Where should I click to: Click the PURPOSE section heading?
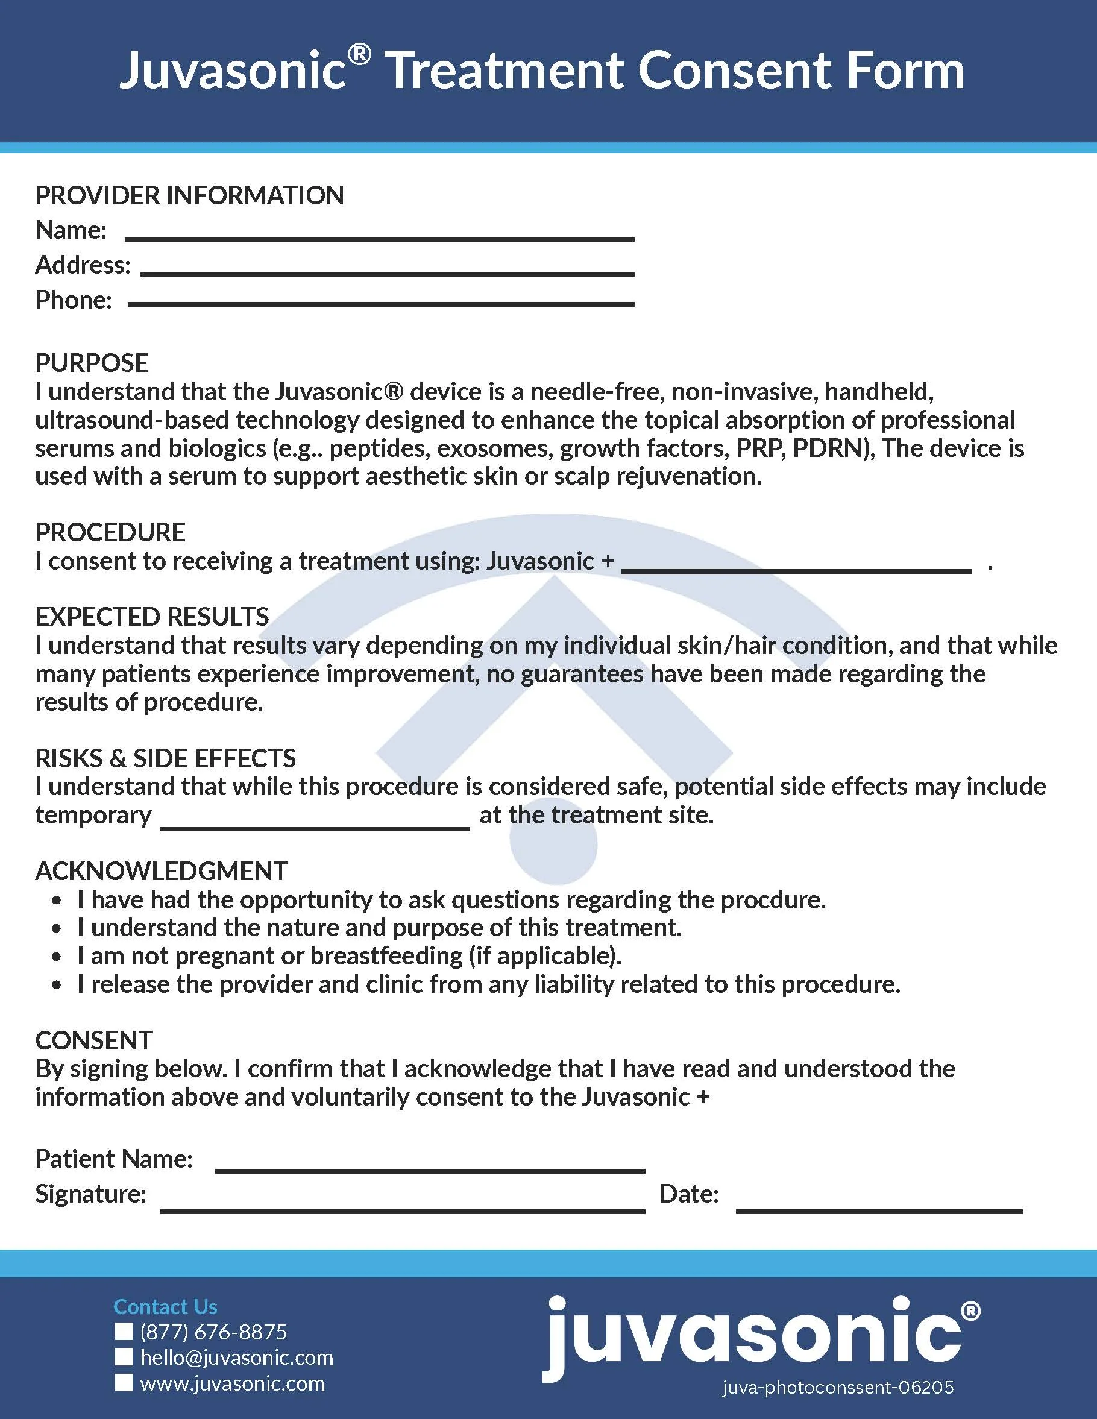tap(92, 362)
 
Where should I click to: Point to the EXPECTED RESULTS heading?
tap(152, 616)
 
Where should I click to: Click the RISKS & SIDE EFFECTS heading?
tap(166, 758)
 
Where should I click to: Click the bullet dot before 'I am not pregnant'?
tap(58, 957)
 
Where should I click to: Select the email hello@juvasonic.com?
tap(236, 1358)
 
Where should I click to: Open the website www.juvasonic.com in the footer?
tap(233, 1383)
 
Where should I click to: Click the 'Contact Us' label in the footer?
tap(165, 1307)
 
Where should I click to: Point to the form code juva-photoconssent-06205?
tap(838, 1388)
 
